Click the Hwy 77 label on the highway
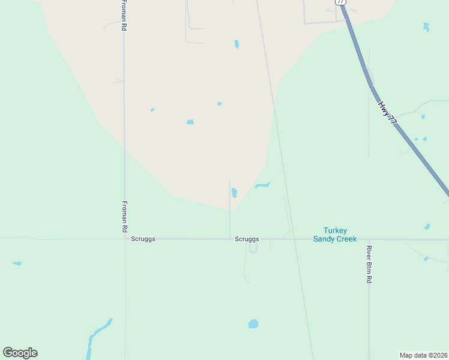tap(388, 112)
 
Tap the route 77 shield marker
tap(340, 2)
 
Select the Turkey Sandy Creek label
tap(340, 235)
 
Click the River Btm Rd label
tap(370, 264)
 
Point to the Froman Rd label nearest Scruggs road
tap(125, 217)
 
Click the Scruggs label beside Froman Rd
tap(143, 239)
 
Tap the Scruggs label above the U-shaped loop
tap(247, 239)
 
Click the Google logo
tap(20, 353)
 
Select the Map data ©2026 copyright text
tap(423, 355)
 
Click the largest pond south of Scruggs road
tap(253, 324)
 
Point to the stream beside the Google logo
tap(96, 336)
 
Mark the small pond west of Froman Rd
tap(17, 263)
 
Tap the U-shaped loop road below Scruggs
tap(253, 248)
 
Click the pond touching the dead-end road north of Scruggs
tap(234, 193)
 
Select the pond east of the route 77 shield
tap(426, 27)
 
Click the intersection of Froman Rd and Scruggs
tap(125, 239)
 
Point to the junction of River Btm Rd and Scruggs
tap(369, 239)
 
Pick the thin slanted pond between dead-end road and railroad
tap(262, 185)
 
